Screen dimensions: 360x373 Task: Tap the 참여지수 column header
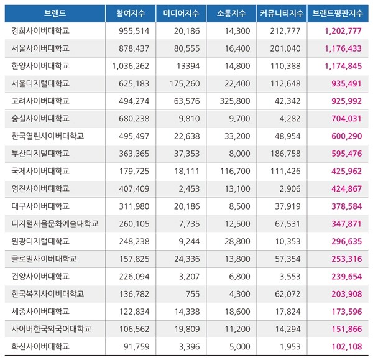pyautogui.click(x=128, y=12)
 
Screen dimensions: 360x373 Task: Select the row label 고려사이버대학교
pyautogui.click(x=40, y=100)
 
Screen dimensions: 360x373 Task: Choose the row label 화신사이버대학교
pyautogui.click(x=40, y=346)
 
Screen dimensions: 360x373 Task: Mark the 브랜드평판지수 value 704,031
pyautogui.click(x=346, y=118)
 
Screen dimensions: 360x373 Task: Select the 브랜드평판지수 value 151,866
pyautogui.click(x=346, y=328)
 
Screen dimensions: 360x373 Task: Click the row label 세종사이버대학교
pyautogui.click(x=40, y=311)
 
